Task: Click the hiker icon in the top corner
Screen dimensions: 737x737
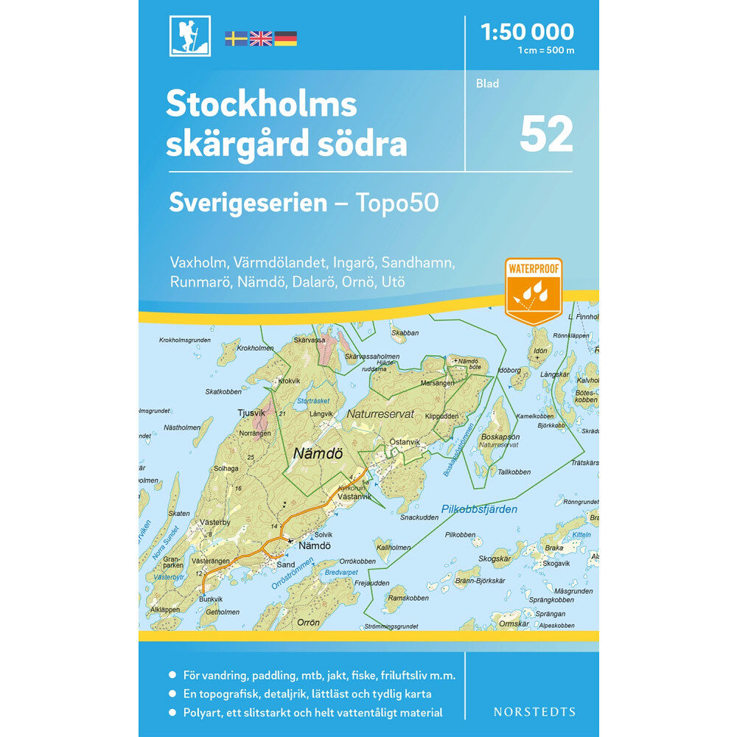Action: (189, 35)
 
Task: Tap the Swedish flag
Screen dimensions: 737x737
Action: (236, 38)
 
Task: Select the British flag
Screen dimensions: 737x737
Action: (261, 38)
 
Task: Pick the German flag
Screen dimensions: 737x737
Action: (286, 38)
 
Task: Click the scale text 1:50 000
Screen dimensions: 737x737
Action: (526, 32)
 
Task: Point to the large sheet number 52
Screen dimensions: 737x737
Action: (546, 133)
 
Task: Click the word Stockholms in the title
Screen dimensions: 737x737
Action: (262, 105)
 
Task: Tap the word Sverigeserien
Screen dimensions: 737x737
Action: (248, 203)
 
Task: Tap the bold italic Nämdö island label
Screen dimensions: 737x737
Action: (318, 455)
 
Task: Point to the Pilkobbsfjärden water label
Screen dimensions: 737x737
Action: (479, 509)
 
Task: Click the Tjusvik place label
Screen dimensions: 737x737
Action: (251, 413)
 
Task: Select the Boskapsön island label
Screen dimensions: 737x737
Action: (499, 437)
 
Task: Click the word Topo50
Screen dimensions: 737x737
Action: (399, 203)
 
